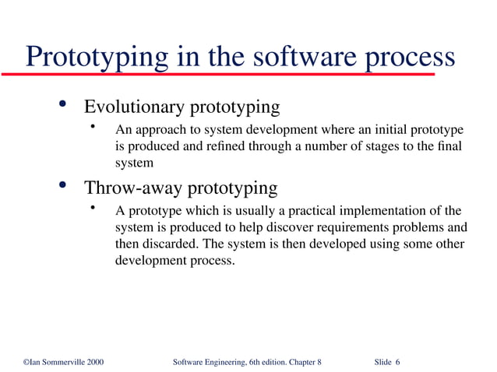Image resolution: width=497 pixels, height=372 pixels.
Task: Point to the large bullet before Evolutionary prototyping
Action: pos(62,106)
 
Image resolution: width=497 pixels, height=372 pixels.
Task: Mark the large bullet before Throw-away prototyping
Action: pos(62,188)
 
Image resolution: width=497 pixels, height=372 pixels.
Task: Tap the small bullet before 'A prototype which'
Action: pos(92,209)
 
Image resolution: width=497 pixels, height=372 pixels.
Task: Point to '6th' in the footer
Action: pos(252,363)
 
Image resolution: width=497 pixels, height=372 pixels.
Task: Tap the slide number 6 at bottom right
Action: pos(397,363)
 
